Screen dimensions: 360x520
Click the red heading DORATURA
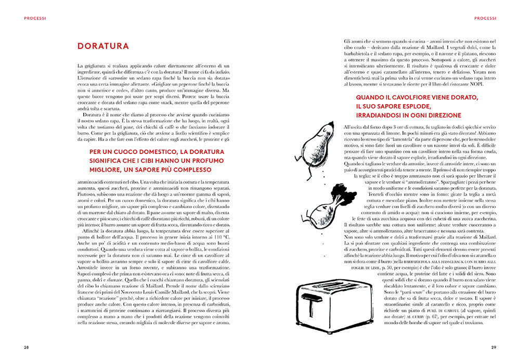pyautogui.click(x=103, y=46)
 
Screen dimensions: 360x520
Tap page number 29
pyautogui.click(x=493, y=346)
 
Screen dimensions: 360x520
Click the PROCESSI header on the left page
pyautogui.click(x=35, y=19)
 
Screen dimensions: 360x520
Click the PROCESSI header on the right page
pyautogui.click(x=486, y=19)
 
